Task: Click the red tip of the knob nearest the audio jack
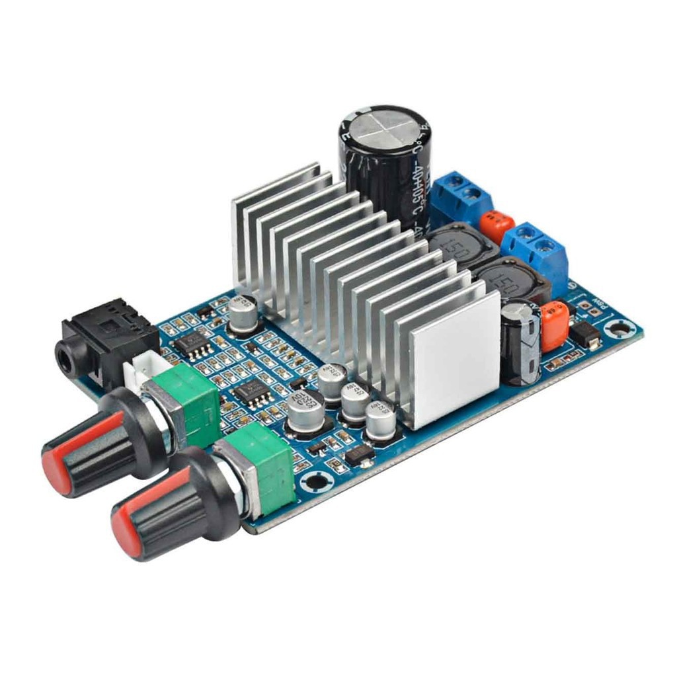(x=57, y=467)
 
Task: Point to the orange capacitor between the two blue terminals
(x=497, y=227)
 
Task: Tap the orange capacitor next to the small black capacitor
(x=554, y=324)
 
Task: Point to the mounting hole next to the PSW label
(x=620, y=326)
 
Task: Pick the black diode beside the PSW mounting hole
(x=586, y=336)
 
